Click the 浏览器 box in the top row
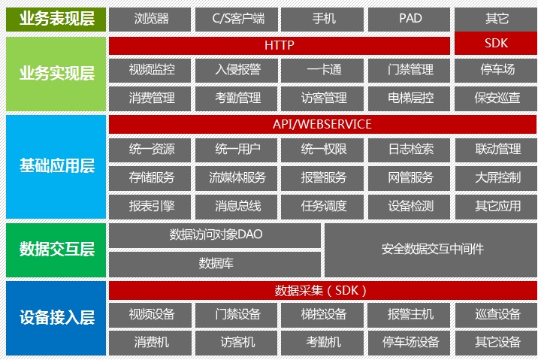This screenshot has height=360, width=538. (x=151, y=19)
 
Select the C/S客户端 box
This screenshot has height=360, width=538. (x=237, y=19)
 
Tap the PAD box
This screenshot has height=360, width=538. (x=410, y=19)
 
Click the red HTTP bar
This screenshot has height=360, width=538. (x=280, y=45)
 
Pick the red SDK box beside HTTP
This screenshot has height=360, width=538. (x=497, y=44)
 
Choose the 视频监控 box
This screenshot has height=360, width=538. (x=151, y=70)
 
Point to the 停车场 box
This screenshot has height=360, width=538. (x=497, y=70)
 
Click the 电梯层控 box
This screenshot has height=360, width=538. (x=410, y=98)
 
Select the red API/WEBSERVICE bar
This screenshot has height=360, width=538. (x=322, y=124)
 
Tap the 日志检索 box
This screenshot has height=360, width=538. (x=410, y=150)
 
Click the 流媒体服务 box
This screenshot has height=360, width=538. (x=237, y=177)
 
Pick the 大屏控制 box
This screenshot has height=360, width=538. (x=497, y=177)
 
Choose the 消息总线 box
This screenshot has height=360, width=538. (x=237, y=205)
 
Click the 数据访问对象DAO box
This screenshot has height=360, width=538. (x=216, y=234)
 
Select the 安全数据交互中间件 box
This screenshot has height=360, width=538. (x=431, y=249)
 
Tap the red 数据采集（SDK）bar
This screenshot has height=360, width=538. (x=322, y=290)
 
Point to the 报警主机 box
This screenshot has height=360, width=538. (x=410, y=314)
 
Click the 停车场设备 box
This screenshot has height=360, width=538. (x=410, y=342)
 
